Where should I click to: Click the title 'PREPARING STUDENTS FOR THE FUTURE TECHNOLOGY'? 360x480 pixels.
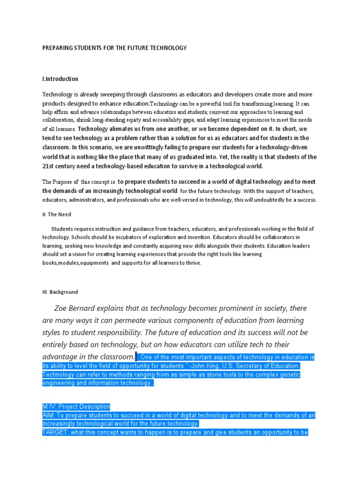click(114, 48)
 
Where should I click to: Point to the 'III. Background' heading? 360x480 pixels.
click(60, 292)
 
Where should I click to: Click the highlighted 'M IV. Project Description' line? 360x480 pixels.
click(76, 406)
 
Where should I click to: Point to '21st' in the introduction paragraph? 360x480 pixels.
click(49, 166)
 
